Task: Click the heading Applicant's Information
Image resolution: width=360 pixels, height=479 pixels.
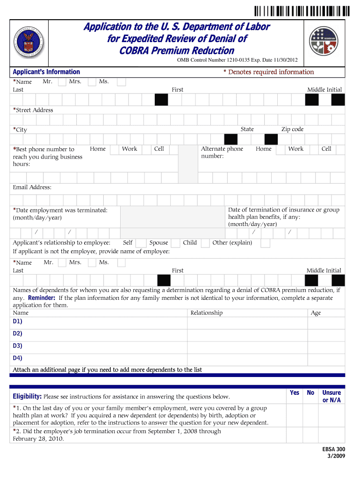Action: point(46,72)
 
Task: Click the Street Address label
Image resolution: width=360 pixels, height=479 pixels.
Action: point(33,110)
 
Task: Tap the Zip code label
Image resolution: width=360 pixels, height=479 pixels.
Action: point(292,129)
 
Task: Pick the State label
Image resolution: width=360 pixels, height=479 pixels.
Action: point(247,129)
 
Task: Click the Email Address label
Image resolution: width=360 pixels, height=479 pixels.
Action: point(32,187)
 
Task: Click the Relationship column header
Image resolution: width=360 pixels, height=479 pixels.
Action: point(206,313)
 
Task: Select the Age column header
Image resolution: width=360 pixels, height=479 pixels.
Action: point(316,313)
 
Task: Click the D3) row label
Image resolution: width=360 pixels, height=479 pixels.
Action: point(18,346)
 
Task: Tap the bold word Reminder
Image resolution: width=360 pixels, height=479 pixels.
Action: point(42,298)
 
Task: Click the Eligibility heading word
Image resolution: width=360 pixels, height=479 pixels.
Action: point(27,397)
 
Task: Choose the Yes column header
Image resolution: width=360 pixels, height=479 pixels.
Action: point(295,393)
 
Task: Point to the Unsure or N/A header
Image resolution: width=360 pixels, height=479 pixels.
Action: point(331,396)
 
